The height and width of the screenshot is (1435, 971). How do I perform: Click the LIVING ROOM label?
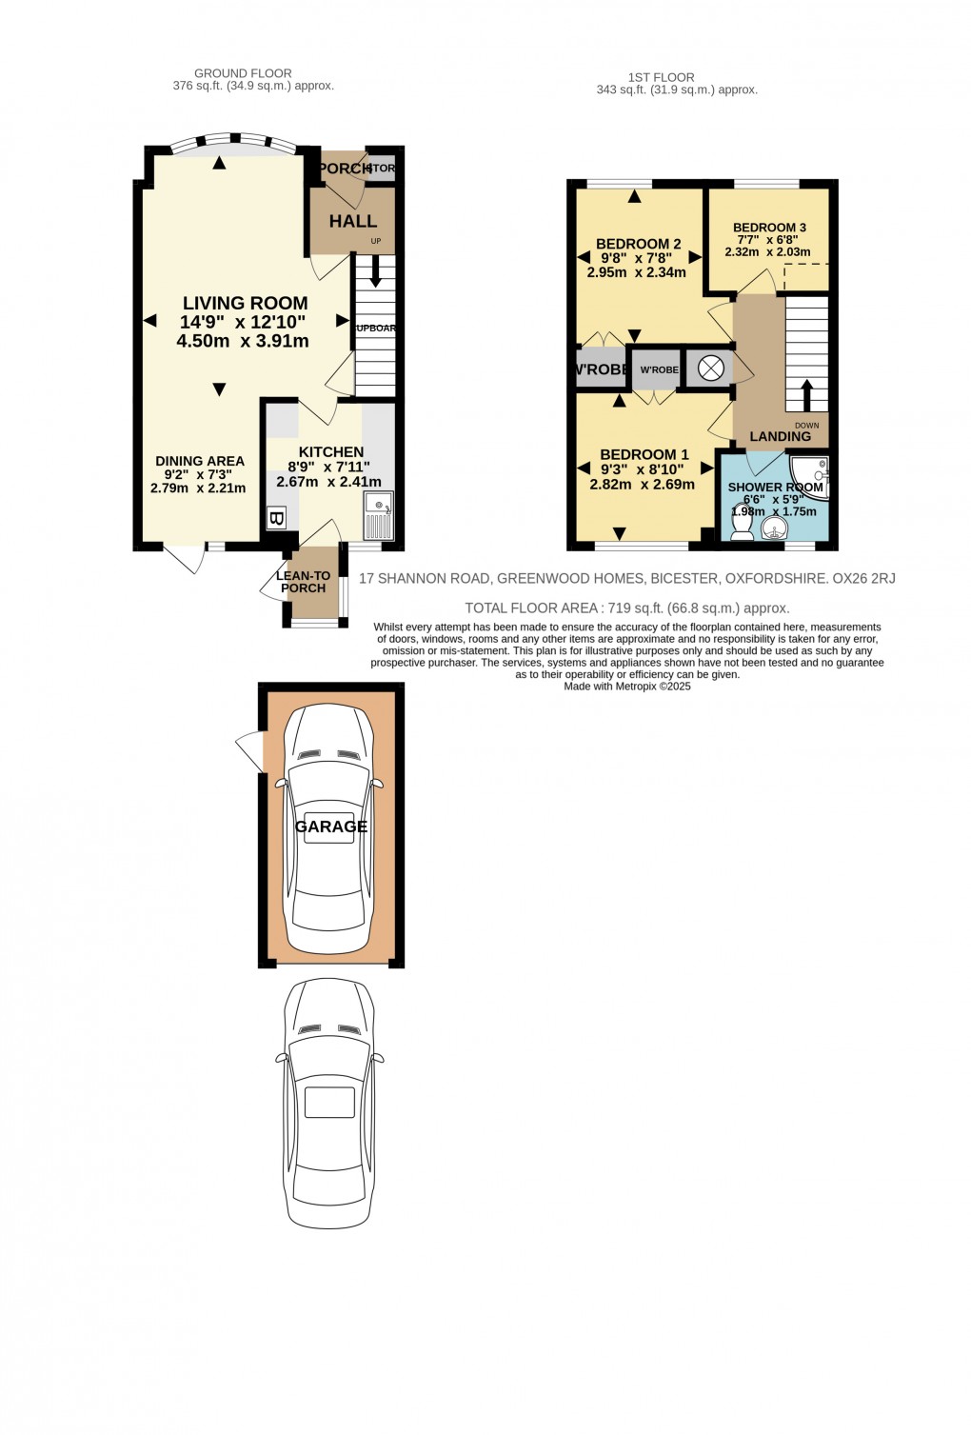point(245,304)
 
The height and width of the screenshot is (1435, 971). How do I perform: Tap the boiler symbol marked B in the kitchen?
point(276,519)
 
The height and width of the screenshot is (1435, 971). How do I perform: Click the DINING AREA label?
point(200,461)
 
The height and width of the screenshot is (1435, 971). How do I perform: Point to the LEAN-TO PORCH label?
point(303,582)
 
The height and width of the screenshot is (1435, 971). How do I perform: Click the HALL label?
point(353,221)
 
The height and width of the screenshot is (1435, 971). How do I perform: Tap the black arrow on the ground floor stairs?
point(376,271)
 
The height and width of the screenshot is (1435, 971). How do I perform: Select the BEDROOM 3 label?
point(769,228)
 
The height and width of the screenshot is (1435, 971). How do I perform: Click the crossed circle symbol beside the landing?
point(711,369)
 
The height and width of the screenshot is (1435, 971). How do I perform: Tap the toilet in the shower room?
point(740,527)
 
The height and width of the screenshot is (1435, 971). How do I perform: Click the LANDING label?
point(781,436)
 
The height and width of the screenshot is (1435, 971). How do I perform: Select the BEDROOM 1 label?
point(644,454)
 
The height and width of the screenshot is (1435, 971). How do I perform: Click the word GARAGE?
point(331,827)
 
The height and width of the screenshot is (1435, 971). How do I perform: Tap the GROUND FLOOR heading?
point(243,73)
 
